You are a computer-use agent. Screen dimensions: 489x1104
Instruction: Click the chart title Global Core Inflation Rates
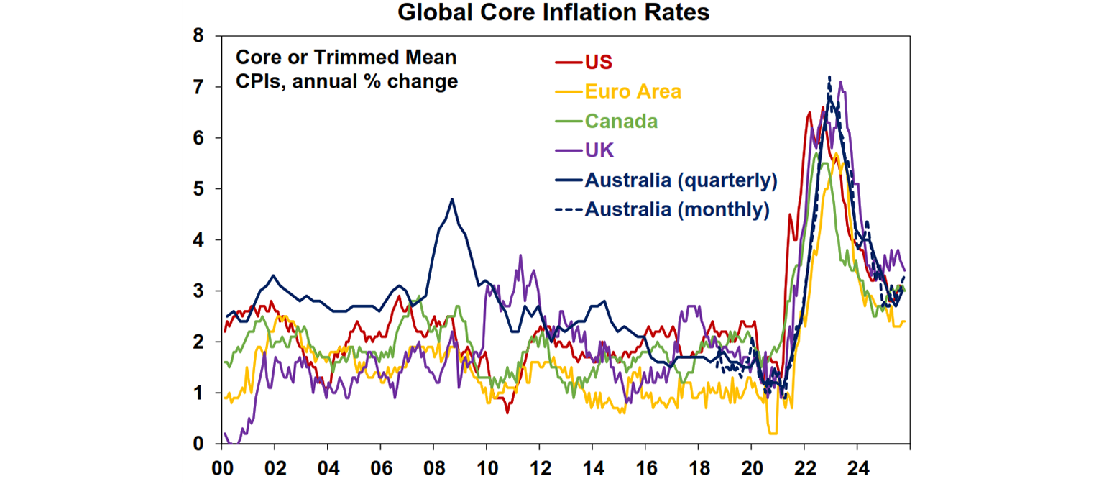553,12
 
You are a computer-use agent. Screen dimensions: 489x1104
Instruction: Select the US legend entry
598,62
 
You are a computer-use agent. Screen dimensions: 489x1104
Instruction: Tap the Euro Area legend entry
632,91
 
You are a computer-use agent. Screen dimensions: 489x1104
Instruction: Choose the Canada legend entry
621,121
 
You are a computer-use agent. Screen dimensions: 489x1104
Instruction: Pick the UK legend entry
599,150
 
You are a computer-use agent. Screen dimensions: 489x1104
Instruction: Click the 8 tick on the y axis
198,36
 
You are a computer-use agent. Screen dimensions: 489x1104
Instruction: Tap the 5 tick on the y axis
198,189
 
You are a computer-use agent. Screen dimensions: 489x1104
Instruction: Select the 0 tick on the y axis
198,444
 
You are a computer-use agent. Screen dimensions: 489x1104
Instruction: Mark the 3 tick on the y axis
198,291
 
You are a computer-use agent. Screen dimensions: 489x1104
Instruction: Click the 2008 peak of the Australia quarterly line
452,199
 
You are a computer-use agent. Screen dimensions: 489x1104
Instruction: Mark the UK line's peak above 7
840,82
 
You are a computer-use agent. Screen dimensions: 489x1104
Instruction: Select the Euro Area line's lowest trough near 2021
773,433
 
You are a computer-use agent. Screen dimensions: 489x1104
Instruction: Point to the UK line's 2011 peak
520,255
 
